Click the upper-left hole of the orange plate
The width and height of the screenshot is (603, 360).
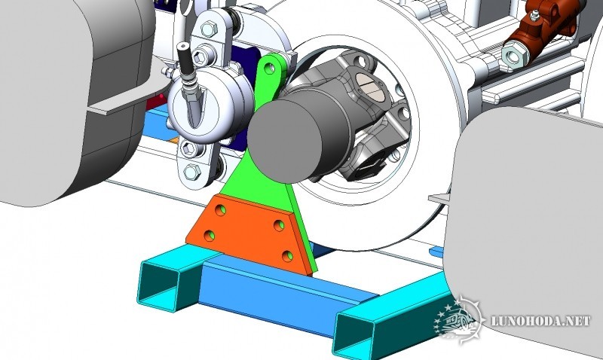click(221, 210)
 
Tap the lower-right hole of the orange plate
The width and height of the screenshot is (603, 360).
click(287, 256)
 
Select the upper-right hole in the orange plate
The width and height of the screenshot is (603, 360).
click(279, 225)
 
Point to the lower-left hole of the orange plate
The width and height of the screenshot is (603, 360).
click(210, 236)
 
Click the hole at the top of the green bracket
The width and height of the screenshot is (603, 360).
click(271, 69)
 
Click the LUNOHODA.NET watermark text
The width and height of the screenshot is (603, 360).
click(540, 321)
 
